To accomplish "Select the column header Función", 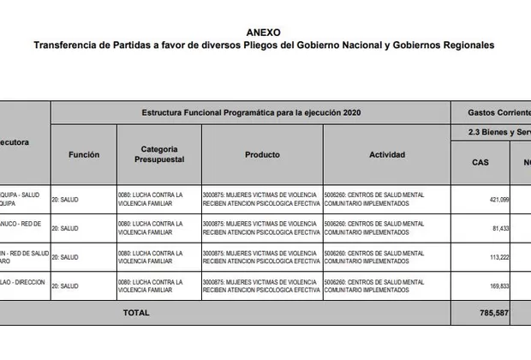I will click(x=84, y=155).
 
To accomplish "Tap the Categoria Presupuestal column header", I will click(x=158, y=155).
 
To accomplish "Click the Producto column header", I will click(x=262, y=155).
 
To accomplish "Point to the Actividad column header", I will click(x=386, y=155).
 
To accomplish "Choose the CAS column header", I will click(x=480, y=162).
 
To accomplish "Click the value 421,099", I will click(x=498, y=199).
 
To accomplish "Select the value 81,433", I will click(x=499, y=228).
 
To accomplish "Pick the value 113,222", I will click(x=498, y=257).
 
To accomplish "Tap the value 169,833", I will click(x=498, y=286).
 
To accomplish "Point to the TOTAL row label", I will click(x=135, y=313).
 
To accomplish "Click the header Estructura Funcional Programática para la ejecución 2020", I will click(x=250, y=112).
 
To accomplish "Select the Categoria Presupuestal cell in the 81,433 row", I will click(x=151, y=228).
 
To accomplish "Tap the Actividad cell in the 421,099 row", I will click(x=374, y=199).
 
